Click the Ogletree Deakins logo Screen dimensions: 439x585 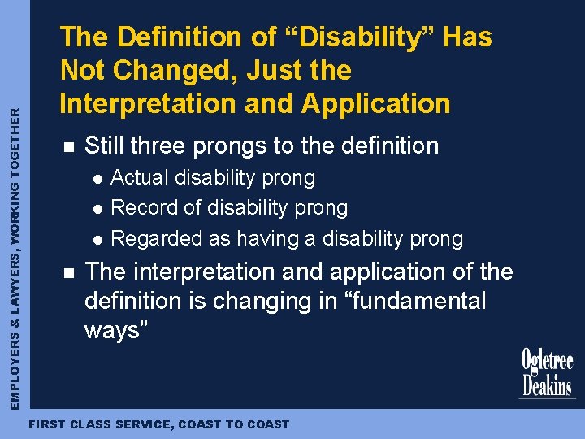(547, 373)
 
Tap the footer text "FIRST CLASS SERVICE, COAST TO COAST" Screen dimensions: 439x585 (158, 424)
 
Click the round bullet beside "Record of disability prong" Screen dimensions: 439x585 (97, 209)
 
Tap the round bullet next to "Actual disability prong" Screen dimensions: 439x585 (97, 178)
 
